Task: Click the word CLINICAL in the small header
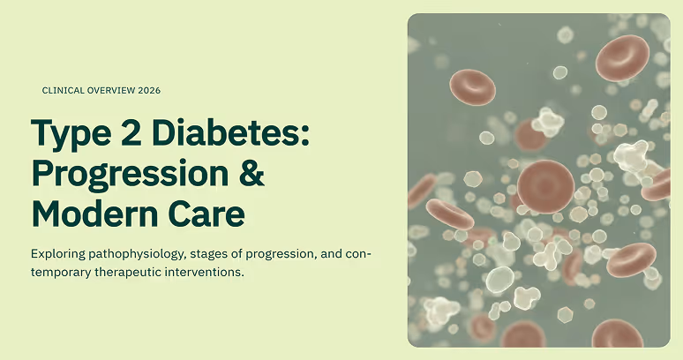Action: click(64, 91)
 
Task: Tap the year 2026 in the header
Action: click(149, 91)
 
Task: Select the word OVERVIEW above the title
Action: click(111, 91)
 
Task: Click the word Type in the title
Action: click(71, 134)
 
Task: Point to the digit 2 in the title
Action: click(130, 132)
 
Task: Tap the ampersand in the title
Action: click(251, 173)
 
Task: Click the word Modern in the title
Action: click(94, 214)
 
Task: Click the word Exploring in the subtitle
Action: click(58, 254)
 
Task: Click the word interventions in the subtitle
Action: click(205, 273)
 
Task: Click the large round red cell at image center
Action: click(546, 186)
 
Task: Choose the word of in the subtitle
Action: click(236, 254)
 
